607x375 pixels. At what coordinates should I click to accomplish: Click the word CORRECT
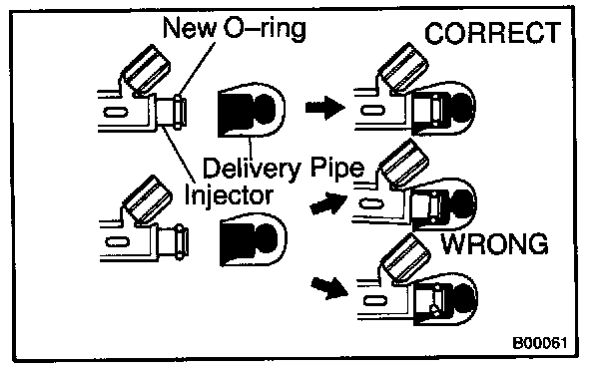tap(492, 33)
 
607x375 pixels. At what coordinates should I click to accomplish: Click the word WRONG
tap(495, 243)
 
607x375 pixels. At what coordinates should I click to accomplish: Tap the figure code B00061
tap(540, 343)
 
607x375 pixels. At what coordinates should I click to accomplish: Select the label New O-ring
tap(235, 28)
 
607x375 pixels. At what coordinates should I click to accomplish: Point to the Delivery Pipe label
tap(284, 169)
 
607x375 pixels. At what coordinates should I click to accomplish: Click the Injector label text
tap(229, 195)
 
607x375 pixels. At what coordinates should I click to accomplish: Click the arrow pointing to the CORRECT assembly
tap(325, 107)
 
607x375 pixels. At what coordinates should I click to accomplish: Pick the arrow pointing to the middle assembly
tap(328, 202)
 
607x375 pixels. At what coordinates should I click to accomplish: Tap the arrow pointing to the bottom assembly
tap(329, 288)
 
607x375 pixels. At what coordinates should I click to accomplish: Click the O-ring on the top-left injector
tap(178, 112)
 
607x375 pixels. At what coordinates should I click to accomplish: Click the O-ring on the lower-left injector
tap(180, 241)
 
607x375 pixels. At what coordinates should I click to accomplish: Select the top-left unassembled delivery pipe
tap(252, 110)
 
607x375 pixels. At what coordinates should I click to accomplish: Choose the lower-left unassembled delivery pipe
tap(254, 240)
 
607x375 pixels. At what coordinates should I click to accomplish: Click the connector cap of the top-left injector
tap(147, 69)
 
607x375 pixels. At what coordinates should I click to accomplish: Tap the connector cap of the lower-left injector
tap(149, 199)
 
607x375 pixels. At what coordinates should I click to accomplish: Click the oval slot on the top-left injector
tap(116, 113)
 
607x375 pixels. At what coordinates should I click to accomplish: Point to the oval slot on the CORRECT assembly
tap(372, 110)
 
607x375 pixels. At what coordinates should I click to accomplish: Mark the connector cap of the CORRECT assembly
tap(403, 68)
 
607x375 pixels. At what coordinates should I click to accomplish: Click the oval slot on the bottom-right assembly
tap(374, 300)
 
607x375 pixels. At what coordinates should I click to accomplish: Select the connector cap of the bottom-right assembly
tap(405, 258)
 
